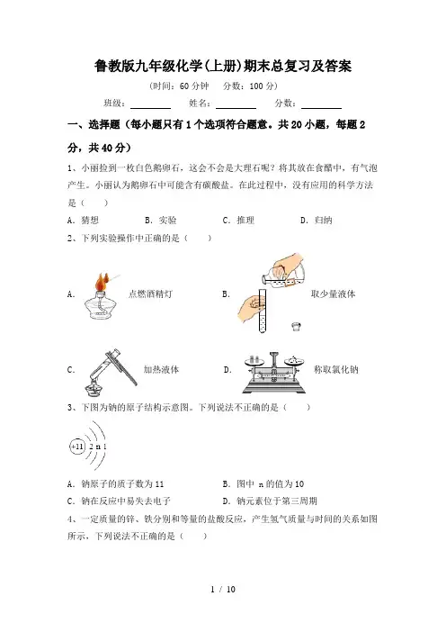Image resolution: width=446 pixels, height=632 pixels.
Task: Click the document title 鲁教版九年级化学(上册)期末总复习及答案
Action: click(x=223, y=66)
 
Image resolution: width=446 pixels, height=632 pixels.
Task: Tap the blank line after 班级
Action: click(x=150, y=108)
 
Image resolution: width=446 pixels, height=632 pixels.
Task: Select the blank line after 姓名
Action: click(x=236, y=108)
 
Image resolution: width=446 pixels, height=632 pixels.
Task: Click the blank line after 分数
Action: click(x=321, y=108)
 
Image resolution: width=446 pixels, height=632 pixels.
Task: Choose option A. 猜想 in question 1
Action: click(x=83, y=220)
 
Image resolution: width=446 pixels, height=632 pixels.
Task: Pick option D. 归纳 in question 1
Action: click(x=317, y=220)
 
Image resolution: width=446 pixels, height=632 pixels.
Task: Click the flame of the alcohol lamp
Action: click(x=102, y=282)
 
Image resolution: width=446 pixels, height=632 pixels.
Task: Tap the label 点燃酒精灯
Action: click(x=150, y=293)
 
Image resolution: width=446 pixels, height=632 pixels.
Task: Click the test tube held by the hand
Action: click(x=262, y=310)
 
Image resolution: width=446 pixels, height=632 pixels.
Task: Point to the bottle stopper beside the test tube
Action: click(x=297, y=326)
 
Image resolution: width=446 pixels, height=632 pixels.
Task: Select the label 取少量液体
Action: click(x=334, y=293)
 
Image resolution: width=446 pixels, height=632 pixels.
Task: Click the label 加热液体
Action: click(x=162, y=369)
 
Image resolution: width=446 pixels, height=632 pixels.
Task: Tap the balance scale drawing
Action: click(x=273, y=373)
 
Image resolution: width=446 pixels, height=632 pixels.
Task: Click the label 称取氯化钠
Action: click(x=336, y=369)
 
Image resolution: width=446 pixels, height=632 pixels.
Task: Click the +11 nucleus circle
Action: click(x=77, y=447)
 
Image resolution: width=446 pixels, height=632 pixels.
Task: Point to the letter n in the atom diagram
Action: click(x=99, y=447)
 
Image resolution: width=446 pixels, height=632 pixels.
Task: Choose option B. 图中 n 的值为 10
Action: click(x=263, y=483)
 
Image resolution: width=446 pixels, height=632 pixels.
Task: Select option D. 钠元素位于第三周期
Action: click(x=270, y=501)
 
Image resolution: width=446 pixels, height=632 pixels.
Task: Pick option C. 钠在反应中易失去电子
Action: click(x=120, y=501)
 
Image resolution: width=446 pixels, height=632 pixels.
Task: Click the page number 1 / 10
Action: click(x=223, y=590)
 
